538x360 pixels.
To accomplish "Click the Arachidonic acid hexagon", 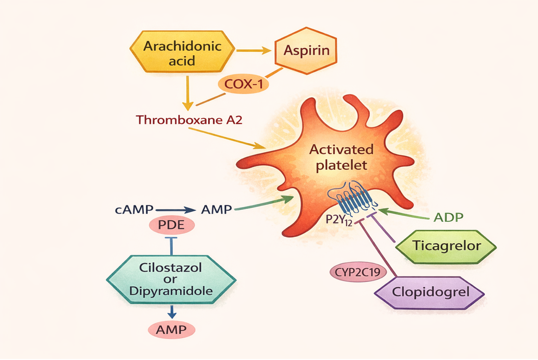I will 182,52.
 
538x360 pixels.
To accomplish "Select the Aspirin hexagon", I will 306,50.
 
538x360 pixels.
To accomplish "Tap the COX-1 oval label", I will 243,84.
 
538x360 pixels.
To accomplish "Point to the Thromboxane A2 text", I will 189,120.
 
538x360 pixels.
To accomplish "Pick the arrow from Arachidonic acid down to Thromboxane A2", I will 187,93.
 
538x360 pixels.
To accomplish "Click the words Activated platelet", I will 341,157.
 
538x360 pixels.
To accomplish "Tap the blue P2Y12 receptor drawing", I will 352,198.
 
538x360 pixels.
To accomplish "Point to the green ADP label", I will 448,217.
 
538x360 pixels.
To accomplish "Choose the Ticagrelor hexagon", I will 447,246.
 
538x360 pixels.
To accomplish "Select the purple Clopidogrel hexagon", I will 430,292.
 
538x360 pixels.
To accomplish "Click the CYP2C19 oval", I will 357,272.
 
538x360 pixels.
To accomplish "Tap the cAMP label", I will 134,209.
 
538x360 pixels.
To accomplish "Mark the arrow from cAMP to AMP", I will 175,210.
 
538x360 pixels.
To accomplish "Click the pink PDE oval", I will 172,225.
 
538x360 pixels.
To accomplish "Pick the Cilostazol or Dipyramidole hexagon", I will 171,279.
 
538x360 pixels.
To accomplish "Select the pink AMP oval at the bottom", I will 172,330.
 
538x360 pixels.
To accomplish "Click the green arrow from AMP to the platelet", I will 263,203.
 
